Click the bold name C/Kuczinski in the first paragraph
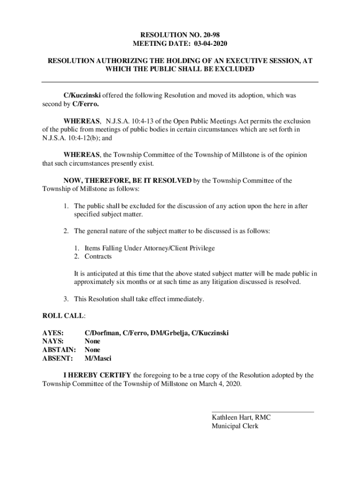[x=82, y=95]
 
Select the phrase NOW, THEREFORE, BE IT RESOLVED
[x=128, y=181]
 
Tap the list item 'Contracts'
[x=98, y=257]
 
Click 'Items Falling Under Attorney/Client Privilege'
[x=150, y=248]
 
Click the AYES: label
[x=53, y=333]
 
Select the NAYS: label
[x=53, y=341]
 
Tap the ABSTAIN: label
[x=58, y=350]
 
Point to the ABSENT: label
[x=58, y=358]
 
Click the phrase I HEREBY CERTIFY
[x=98, y=375]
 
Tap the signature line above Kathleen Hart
[x=263, y=412]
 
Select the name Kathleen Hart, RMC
[x=241, y=418]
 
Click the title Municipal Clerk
[x=235, y=426]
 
